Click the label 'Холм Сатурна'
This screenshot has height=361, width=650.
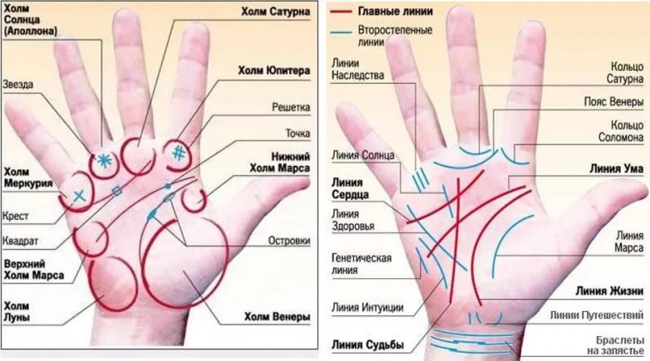tap(276, 11)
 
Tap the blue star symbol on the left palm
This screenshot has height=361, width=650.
tap(105, 161)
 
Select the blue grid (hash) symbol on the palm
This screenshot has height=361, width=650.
tap(179, 154)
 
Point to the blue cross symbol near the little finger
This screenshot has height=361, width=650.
tap(79, 195)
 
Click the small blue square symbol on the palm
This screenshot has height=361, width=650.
tap(117, 191)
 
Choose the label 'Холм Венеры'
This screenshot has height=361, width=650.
tap(277, 317)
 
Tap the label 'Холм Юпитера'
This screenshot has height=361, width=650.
tap(274, 71)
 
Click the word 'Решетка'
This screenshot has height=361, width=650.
tap(291, 107)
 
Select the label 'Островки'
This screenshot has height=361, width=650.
tap(289, 241)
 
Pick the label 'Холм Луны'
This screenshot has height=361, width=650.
tap(17, 312)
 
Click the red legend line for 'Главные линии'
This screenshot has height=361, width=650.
tap(342, 12)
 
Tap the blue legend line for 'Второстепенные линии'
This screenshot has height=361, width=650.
tap(342, 32)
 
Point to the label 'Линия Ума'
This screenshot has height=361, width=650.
tap(617, 168)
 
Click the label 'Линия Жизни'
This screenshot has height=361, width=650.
tap(609, 291)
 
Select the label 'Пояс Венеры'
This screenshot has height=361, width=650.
tap(614, 101)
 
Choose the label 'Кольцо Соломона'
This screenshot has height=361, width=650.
tap(621, 131)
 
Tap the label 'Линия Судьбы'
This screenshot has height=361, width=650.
tap(367, 344)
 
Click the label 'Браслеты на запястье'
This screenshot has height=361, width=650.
tap(616, 345)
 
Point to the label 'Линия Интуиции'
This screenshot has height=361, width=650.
tap(367, 308)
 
